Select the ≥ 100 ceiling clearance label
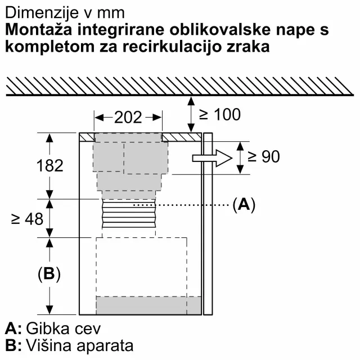click(219, 115)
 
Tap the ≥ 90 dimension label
click(263, 156)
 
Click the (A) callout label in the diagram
click(243, 205)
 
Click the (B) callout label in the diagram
click(49, 274)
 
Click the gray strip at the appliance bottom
click(149, 305)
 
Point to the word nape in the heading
click(296, 29)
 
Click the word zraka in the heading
click(249, 47)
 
